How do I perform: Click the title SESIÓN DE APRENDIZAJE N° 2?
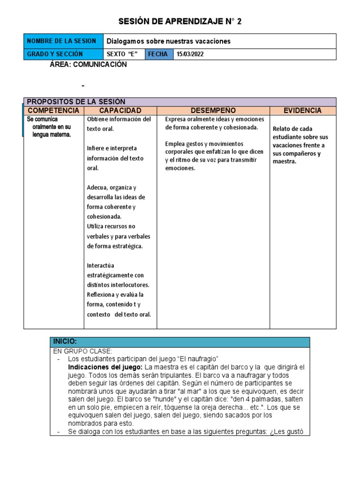[x=180, y=22]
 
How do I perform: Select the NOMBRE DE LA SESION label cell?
[x=63, y=41]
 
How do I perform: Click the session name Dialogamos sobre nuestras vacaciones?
[x=169, y=41]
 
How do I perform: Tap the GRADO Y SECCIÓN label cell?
[x=63, y=54]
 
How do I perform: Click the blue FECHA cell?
[x=158, y=54]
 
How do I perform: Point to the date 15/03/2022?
[x=190, y=54]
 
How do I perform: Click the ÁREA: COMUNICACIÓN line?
[x=88, y=65]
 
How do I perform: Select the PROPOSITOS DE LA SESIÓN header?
[x=76, y=102]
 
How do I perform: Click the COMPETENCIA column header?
[x=53, y=111]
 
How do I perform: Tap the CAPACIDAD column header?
[x=120, y=111]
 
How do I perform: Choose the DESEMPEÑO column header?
[x=213, y=111]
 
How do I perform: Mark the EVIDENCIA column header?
[x=303, y=111]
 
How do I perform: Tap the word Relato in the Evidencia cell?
[x=282, y=129]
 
